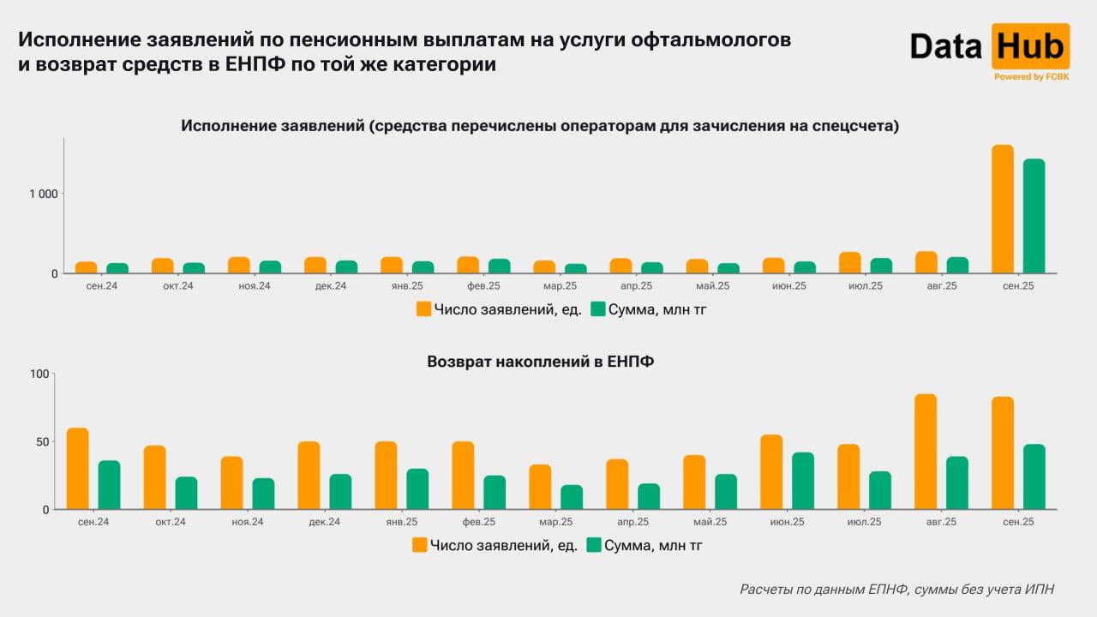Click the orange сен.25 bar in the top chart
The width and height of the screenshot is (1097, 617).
tap(1003, 209)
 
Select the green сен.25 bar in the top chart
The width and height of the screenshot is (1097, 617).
tap(1034, 216)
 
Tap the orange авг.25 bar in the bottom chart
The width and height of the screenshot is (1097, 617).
tap(926, 452)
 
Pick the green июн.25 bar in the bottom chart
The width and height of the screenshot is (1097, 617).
tap(803, 481)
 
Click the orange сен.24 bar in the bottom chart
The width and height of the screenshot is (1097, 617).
tap(78, 469)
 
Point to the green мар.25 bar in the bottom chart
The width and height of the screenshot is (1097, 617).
tap(572, 497)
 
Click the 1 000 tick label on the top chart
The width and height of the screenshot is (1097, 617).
tap(43, 194)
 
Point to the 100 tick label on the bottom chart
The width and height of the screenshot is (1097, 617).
tap(40, 374)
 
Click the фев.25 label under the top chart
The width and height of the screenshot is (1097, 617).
tap(483, 286)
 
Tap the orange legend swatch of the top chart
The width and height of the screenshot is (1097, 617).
tap(423, 309)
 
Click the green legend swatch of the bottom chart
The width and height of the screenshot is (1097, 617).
tap(593, 544)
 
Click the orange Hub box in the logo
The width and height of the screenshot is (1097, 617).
tap(1030, 46)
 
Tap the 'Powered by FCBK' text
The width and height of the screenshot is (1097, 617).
tap(1031, 77)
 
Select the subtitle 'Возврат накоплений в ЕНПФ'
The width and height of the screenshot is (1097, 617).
tap(540, 362)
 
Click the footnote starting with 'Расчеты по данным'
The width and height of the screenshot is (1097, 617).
tap(896, 590)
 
